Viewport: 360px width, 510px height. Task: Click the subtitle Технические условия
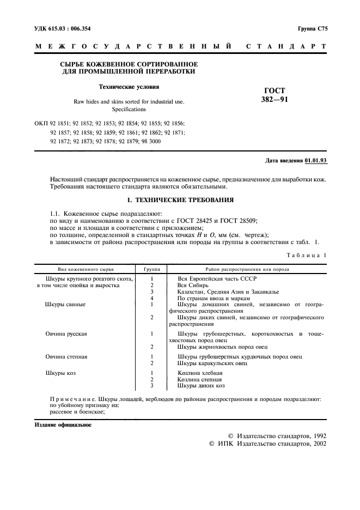tap(129, 87)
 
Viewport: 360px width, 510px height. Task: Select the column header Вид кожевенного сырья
tap(83, 269)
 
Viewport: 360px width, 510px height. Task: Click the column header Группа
tap(151, 269)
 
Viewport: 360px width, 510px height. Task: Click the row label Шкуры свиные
tap(65, 304)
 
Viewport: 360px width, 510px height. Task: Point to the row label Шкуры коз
tap(60, 373)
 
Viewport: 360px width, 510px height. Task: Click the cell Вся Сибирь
tap(194, 285)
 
